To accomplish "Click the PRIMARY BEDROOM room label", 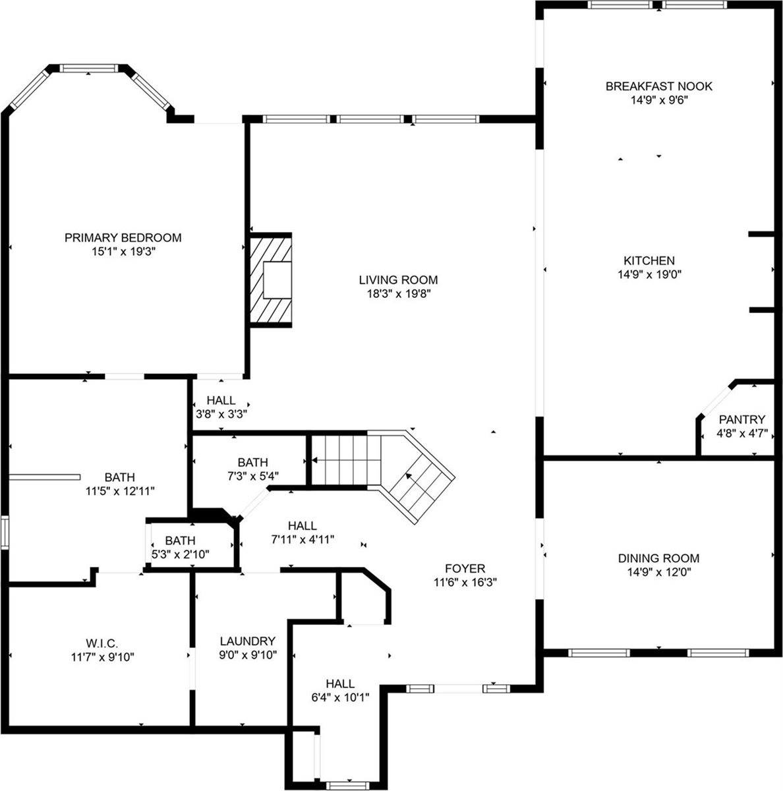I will coord(123,237).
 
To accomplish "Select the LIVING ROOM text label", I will coord(398,279).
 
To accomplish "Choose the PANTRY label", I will coord(741,419).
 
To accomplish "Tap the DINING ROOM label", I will coord(658,558).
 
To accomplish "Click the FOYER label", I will coord(465,568).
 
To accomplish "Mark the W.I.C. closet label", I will coord(101,643).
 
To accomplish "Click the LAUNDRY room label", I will coord(248,641).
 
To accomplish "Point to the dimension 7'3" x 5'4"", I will coord(253,477).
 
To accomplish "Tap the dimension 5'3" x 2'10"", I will coord(181,554).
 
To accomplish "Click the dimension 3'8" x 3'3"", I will coord(221,414).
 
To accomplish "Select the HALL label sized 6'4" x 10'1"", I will coord(340,684).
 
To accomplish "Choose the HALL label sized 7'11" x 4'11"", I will coord(302,525).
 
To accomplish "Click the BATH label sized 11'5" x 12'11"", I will coord(119,477).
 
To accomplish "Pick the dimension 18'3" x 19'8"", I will coord(398,294).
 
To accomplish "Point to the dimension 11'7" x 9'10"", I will coord(101,657).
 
